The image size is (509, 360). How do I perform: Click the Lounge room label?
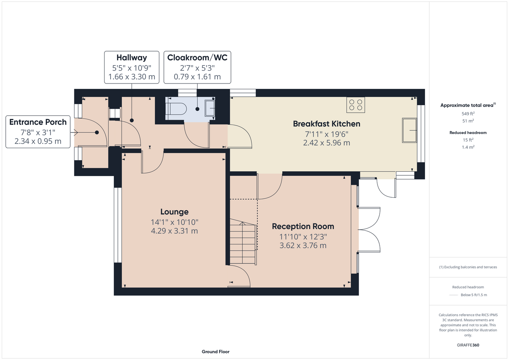[174, 212]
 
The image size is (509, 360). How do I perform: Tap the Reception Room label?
[303, 226]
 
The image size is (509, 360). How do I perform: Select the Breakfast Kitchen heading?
[326, 124]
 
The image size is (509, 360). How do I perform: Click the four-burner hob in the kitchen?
[356, 105]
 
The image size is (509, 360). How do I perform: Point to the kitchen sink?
[409, 130]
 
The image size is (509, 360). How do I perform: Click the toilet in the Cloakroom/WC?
[176, 109]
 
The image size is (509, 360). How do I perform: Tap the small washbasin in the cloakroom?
[210, 108]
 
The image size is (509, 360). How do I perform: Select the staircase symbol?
[243, 242]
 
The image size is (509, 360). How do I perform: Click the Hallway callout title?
[131, 58]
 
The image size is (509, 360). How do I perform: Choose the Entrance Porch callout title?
[38, 122]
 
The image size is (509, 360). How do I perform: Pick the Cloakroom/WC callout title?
[197, 58]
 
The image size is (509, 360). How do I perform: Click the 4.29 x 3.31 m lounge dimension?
[174, 231]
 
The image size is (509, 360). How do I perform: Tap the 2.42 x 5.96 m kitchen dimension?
[326, 143]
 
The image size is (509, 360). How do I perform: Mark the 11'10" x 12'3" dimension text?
[303, 237]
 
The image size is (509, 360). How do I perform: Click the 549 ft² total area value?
[468, 113]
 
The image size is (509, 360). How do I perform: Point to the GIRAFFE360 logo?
[468, 345]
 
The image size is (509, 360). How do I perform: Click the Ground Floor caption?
[215, 352]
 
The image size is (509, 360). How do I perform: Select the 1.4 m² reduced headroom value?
[468, 147]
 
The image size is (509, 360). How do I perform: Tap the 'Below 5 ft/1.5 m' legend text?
[474, 295]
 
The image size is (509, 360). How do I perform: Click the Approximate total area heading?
[468, 105]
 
